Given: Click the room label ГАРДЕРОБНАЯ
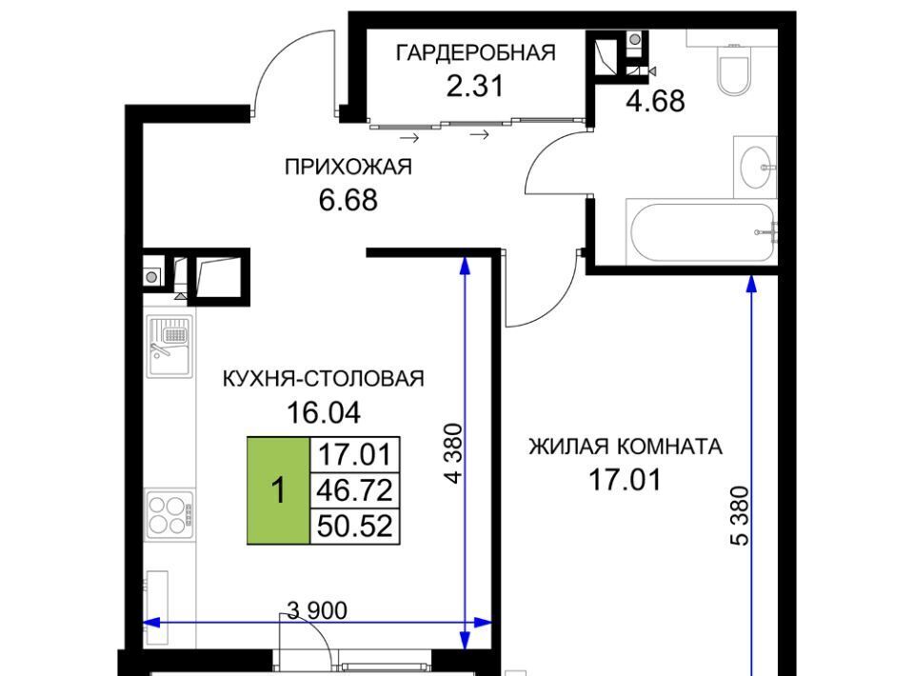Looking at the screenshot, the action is pyautogui.click(x=476, y=52).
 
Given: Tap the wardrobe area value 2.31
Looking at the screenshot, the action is pyautogui.click(x=474, y=87).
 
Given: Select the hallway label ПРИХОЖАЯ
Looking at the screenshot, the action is pyautogui.click(x=348, y=168).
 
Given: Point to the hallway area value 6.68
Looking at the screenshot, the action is pyautogui.click(x=348, y=200).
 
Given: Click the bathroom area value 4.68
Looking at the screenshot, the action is pyautogui.click(x=655, y=101).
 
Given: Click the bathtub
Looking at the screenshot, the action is pyautogui.click(x=702, y=232).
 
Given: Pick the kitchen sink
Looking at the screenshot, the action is pyautogui.click(x=169, y=347).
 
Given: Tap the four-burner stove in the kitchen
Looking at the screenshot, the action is pyautogui.click(x=169, y=514).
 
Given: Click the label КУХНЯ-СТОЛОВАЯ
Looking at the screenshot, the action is pyautogui.click(x=324, y=379).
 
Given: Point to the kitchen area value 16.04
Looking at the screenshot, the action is pyautogui.click(x=324, y=412).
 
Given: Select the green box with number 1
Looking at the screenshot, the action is pyautogui.click(x=279, y=490).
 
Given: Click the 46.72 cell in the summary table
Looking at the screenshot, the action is pyautogui.click(x=354, y=490).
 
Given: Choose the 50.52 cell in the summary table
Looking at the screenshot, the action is pyautogui.click(x=354, y=527).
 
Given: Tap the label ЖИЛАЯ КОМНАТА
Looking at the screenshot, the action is pyautogui.click(x=626, y=447).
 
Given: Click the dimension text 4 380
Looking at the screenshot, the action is pyautogui.click(x=453, y=453).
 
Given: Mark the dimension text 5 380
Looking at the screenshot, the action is pyautogui.click(x=739, y=515).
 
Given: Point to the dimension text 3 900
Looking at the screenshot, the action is pyautogui.click(x=318, y=610).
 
